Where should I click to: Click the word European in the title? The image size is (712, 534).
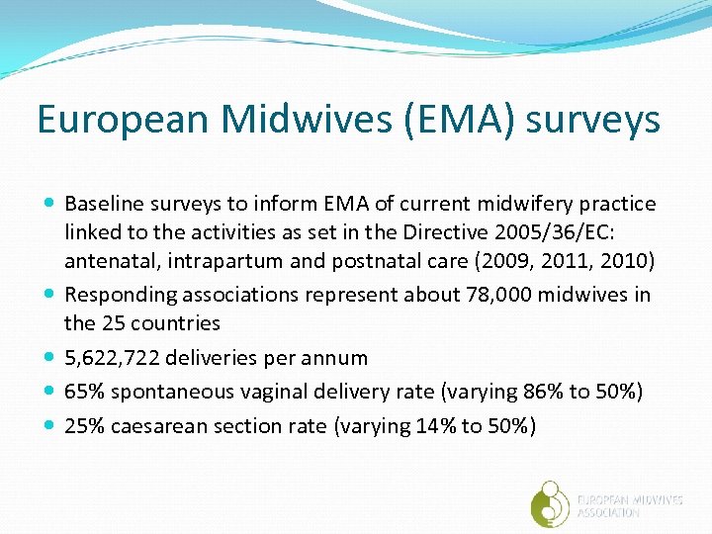(124, 119)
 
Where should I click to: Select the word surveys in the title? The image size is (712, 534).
(592, 119)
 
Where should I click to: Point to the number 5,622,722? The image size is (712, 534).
(116, 358)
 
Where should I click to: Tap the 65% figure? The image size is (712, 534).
(85, 392)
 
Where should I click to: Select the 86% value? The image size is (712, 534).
(535, 392)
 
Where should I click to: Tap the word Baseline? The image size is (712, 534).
(103, 204)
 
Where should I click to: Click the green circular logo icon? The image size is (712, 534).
(551, 501)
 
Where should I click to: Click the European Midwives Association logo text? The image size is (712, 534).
(629, 506)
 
